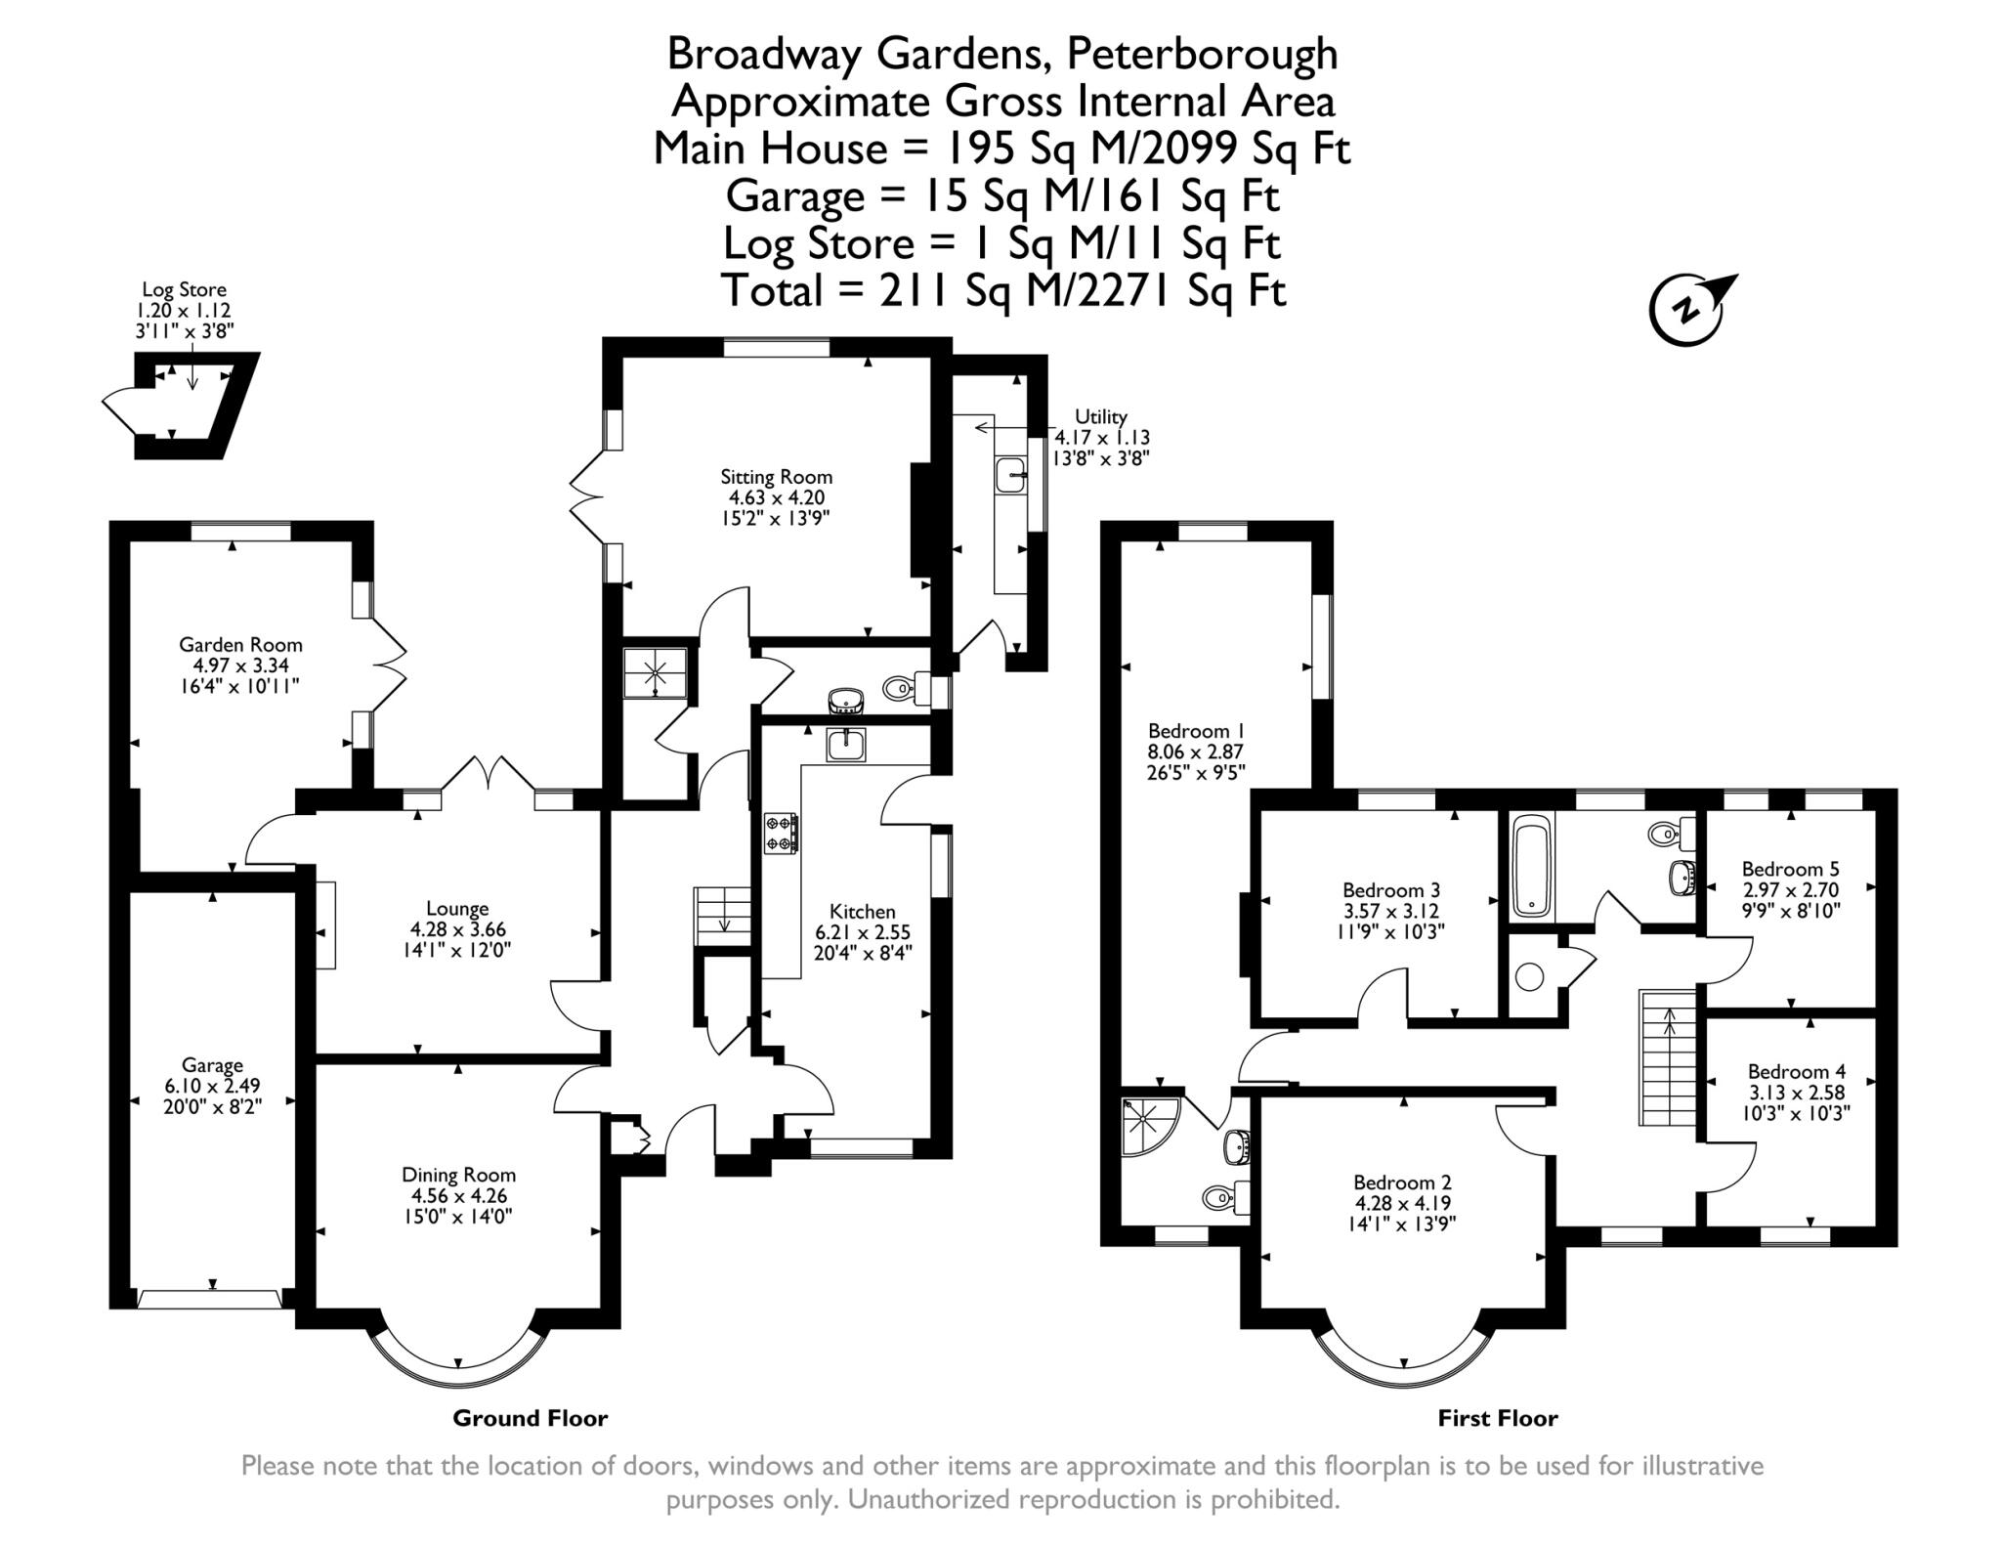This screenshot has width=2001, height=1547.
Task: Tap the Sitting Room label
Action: tap(776, 477)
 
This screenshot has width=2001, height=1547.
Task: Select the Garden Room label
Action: tap(240, 645)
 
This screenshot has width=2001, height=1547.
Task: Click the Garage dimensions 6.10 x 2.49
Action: tap(212, 1086)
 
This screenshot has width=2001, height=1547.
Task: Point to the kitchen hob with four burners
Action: tap(781, 833)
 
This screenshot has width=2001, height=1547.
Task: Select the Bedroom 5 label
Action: tap(1790, 869)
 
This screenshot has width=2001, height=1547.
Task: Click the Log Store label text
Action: tap(184, 289)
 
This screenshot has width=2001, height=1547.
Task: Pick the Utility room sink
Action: tap(1009, 477)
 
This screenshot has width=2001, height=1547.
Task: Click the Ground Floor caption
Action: tap(530, 1418)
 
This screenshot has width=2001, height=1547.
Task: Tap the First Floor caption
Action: tap(1497, 1418)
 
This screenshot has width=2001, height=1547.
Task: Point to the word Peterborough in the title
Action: tap(1202, 54)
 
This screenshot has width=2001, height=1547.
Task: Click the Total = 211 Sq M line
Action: tap(1002, 290)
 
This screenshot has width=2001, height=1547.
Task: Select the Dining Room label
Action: tap(458, 1175)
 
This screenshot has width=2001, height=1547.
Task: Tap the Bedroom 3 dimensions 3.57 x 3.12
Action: tap(1391, 911)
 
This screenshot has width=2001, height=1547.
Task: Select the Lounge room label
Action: tap(457, 909)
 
